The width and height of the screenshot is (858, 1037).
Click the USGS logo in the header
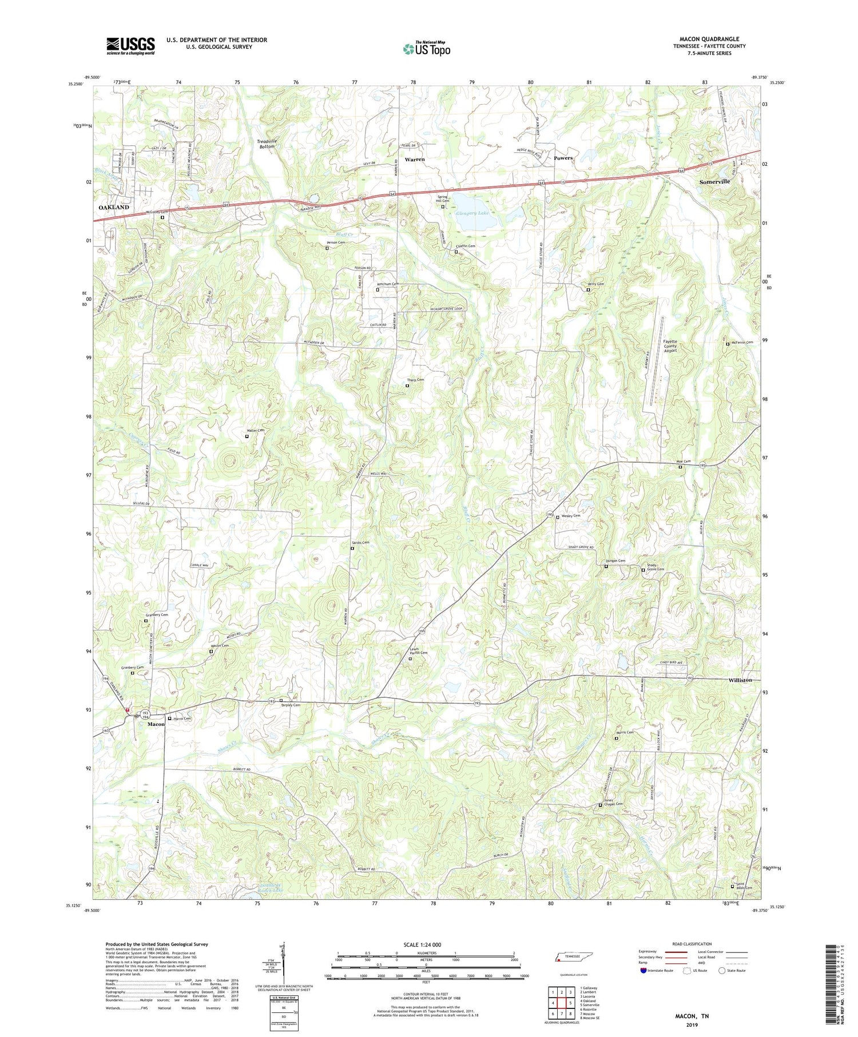tap(130, 46)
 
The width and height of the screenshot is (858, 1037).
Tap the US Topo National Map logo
tap(426, 49)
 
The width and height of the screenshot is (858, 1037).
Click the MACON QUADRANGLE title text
tap(709, 39)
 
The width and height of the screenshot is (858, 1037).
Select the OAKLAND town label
tap(114, 207)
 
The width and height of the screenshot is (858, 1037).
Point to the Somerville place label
tap(714, 181)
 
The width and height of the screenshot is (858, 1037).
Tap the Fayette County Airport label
tap(670, 346)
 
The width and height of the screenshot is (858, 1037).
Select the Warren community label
tap(415, 160)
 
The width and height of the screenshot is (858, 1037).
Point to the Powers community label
tap(563, 158)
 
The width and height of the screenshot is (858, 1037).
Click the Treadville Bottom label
tap(267, 144)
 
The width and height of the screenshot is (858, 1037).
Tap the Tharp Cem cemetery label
tap(416, 380)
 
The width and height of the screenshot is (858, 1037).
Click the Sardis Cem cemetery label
tap(360, 542)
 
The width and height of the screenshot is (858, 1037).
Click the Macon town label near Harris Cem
tap(156, 724)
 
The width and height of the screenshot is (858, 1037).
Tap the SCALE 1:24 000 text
tap(426, 944)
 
